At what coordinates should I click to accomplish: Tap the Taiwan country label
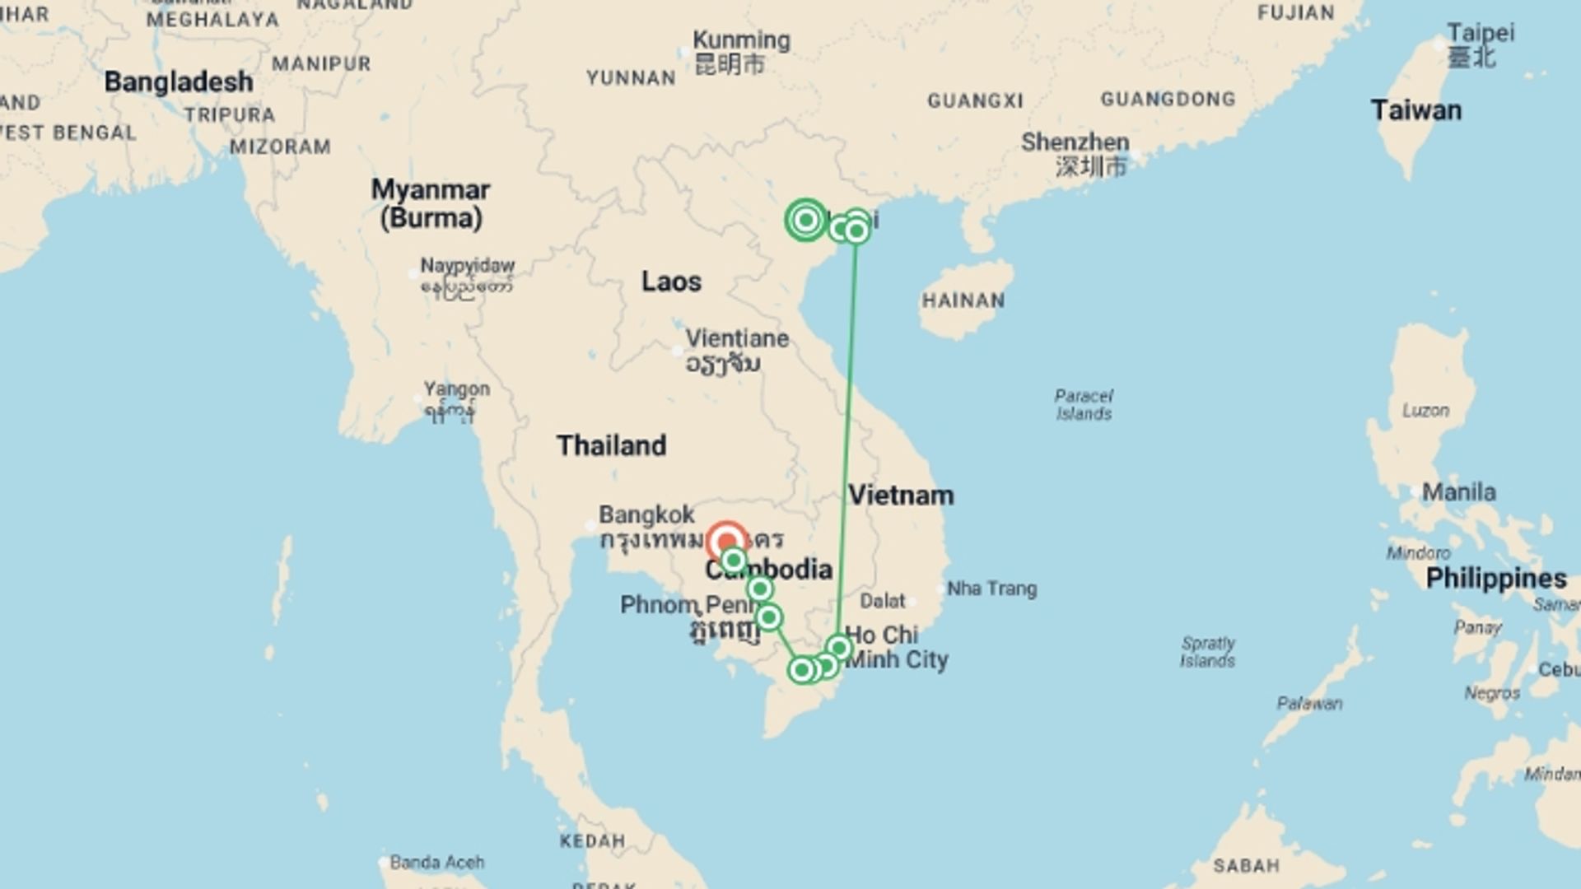(1415, 110)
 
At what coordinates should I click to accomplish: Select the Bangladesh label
(179, 82)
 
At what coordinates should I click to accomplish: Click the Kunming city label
(741, 40)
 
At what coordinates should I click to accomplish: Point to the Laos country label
(671, 282)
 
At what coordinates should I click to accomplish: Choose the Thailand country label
(611, 445)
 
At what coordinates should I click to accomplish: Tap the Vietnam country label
(901, 495)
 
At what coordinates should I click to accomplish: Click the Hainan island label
(963, 300)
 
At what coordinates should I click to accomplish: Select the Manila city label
(1458, 492)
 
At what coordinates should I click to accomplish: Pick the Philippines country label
(1495, 578)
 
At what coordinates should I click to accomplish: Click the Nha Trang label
(991, 589)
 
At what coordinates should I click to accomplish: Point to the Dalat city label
(883, 601)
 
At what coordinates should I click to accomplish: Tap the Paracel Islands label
(1084, 404)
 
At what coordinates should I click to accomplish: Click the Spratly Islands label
(1208, 652)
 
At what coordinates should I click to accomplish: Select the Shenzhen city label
(1075, 142)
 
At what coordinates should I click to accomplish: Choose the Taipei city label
(1480, 33)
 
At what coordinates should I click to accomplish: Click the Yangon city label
(456, 389)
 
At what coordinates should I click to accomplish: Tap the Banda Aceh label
(436, 862)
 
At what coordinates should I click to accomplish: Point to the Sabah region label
(1246, 865)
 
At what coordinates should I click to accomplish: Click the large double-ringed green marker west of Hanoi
(806, 220)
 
